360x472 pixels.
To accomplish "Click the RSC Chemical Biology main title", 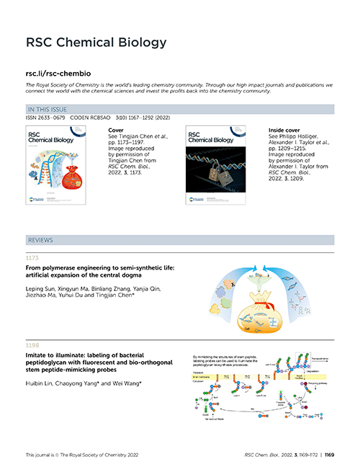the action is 96,42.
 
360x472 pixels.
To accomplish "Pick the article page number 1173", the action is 32,258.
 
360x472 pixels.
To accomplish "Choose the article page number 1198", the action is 32,345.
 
